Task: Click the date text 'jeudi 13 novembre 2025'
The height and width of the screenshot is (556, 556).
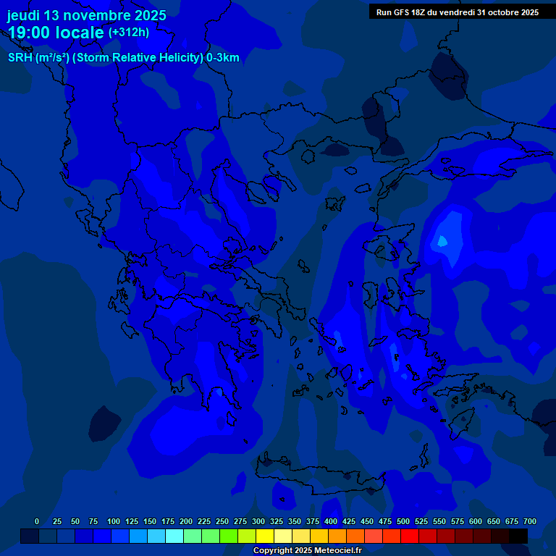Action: coord(86,15)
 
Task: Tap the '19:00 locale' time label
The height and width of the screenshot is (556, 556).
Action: coord(56,33)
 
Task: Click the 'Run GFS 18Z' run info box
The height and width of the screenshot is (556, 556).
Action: coord(457,12)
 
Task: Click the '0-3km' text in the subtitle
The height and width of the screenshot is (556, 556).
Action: coord(222,58)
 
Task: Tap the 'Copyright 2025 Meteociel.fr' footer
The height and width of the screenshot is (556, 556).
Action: coord(307,550)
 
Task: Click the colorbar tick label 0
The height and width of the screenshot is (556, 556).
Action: coord(37,521)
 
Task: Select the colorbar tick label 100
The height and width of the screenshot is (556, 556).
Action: coord(113,521)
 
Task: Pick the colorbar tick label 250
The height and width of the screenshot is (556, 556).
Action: coord(222,521)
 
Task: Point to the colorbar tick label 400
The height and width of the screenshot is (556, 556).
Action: coord(331,521)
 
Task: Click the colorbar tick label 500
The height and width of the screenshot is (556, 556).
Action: coord(403,521)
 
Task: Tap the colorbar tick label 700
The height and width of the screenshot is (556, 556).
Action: coord(530,521)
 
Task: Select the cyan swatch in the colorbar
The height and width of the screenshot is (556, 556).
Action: coord(174,536)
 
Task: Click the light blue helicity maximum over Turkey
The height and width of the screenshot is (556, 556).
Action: coord(442,240)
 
